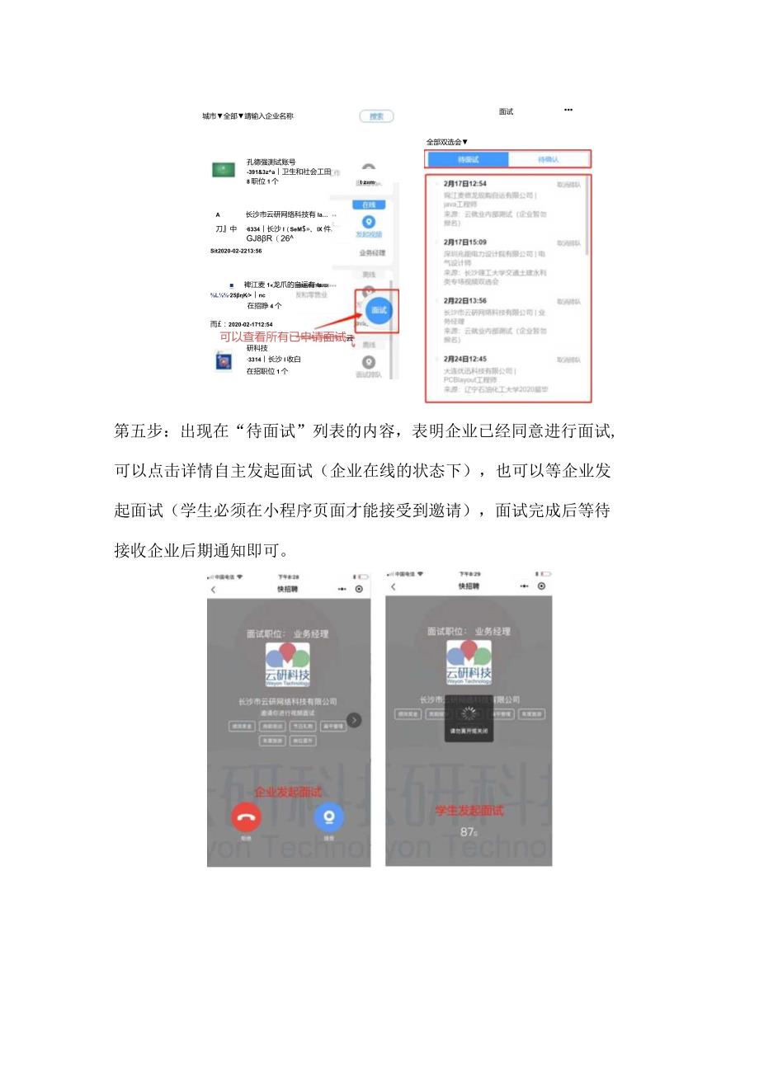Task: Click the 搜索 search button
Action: click(x=376, y=116)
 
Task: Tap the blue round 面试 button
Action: click(x=378, y=310)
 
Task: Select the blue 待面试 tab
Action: click(x=467, y=159)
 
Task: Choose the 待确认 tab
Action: click(x=548, y=159)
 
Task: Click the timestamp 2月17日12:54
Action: click(x=464, y=184)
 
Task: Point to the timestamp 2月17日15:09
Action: click(x=464, y=242)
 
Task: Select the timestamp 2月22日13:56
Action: click(x=464, y=301)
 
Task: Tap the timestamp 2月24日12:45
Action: click(x=464, y=360)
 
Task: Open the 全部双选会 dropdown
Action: click(x=447, y=142)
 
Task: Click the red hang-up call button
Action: click(x=246, y=817)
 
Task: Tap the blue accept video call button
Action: click(x=329, y=817)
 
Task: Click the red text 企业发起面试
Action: click(x=288, y=792)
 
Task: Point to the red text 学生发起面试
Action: click(x=469, y=811)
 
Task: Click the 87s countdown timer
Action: click(x=469, y=832)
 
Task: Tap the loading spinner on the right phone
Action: click(x=469, y=714)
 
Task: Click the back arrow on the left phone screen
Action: click(x=214, y=590)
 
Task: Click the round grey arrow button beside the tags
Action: click(x=353, y=720)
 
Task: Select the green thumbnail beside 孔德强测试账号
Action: click(x=223, y=169)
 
